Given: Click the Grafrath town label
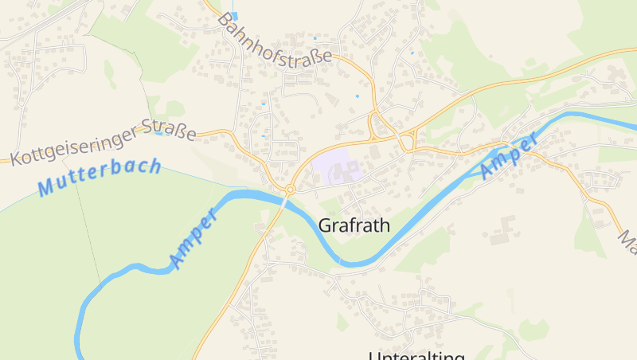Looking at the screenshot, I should pos(354,225).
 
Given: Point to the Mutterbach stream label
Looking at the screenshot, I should pos(100,178).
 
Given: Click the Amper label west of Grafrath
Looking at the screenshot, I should pos(193,240).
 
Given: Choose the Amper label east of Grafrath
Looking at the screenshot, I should pos(508,156).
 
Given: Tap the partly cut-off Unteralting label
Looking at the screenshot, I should pos(416,354).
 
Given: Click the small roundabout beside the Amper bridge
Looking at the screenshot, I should pos(291,190).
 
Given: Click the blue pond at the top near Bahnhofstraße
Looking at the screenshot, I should pos(234,16).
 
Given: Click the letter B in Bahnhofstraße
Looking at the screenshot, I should pos(224,18).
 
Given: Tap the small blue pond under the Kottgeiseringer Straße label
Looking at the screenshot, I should pos(158,134).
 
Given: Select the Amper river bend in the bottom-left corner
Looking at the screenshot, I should pos(80,319).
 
